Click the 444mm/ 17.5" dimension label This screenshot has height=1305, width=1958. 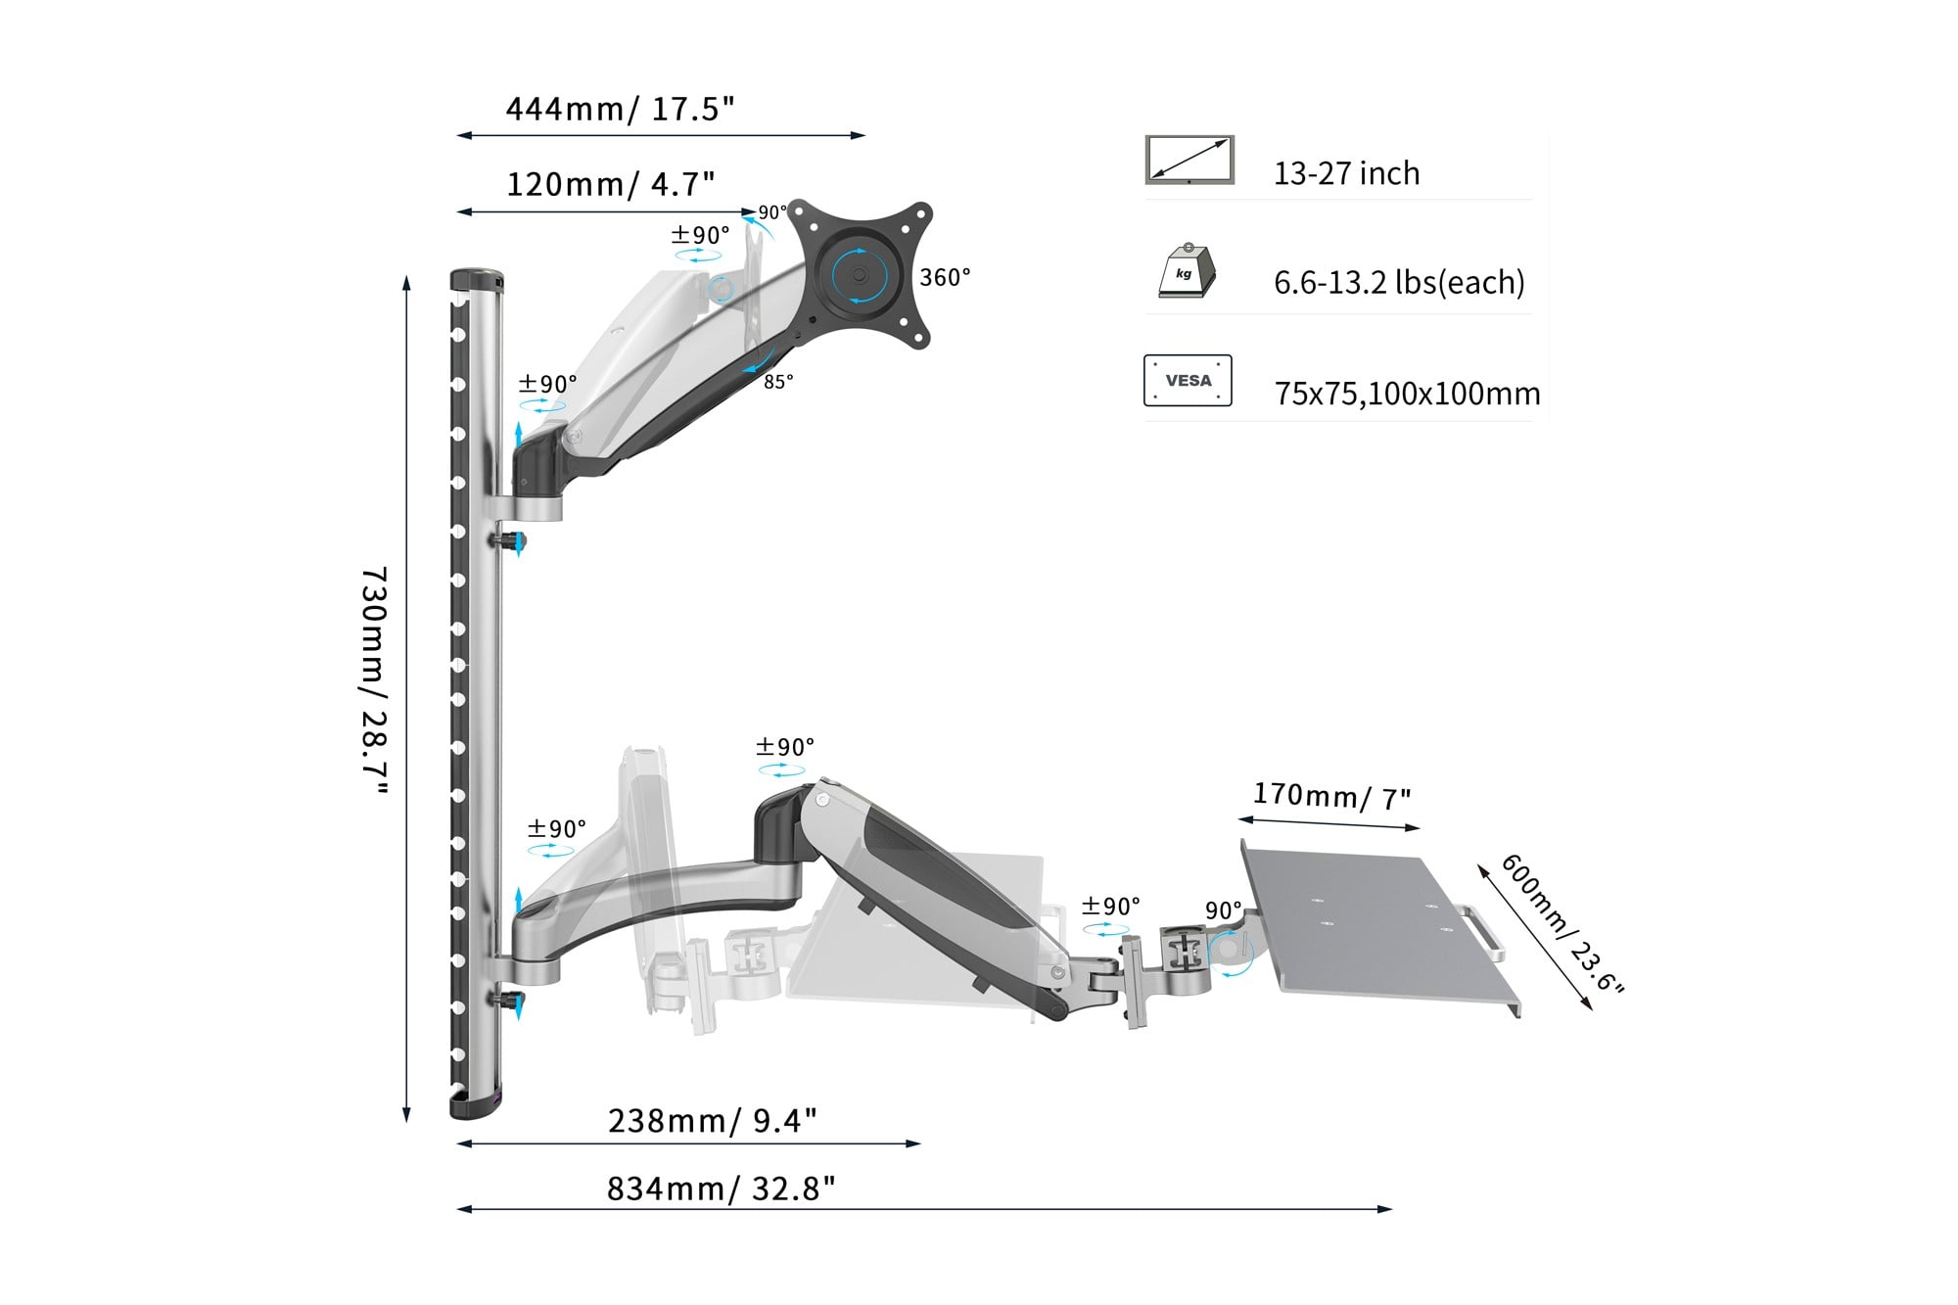pos(620,109)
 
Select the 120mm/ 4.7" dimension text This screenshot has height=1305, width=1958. pos(611,184)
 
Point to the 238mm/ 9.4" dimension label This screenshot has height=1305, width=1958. pos(713,1120)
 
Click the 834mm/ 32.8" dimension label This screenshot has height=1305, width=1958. pos(722,1188)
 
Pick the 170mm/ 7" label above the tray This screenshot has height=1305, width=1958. pos(1332,796)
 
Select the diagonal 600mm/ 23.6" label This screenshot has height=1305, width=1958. pos(1562,924)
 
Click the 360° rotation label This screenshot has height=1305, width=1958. pos(945,278)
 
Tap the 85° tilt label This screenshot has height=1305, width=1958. pos(778,382)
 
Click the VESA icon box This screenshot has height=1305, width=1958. pos(1188,380)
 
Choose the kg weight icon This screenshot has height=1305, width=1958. pos(1187,271)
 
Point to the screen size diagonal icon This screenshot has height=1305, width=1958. pos(1189,160)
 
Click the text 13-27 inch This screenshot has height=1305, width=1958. pos(1346,173)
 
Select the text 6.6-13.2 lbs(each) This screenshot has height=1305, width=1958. pos(1399,283)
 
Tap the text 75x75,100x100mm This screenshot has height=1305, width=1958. pos(1407,394)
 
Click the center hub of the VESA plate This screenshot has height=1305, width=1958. pos(860,275)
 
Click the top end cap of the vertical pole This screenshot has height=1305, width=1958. pos(477,280)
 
